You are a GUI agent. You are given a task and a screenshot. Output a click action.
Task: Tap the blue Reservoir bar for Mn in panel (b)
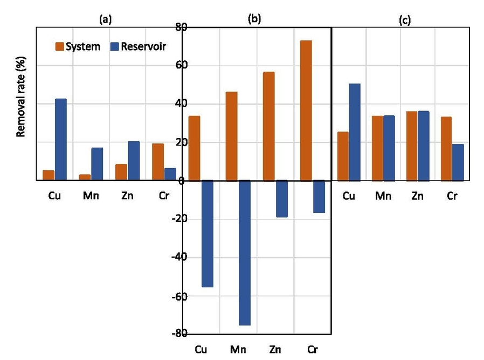245,253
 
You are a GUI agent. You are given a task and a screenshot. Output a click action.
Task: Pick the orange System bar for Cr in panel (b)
306,110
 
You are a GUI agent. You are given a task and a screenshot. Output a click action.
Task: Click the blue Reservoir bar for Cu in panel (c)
354,131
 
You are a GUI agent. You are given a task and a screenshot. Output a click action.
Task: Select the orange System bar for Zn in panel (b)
268,126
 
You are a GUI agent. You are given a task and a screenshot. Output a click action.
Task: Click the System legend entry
78,46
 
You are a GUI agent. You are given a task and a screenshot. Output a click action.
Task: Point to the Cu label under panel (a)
54,196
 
